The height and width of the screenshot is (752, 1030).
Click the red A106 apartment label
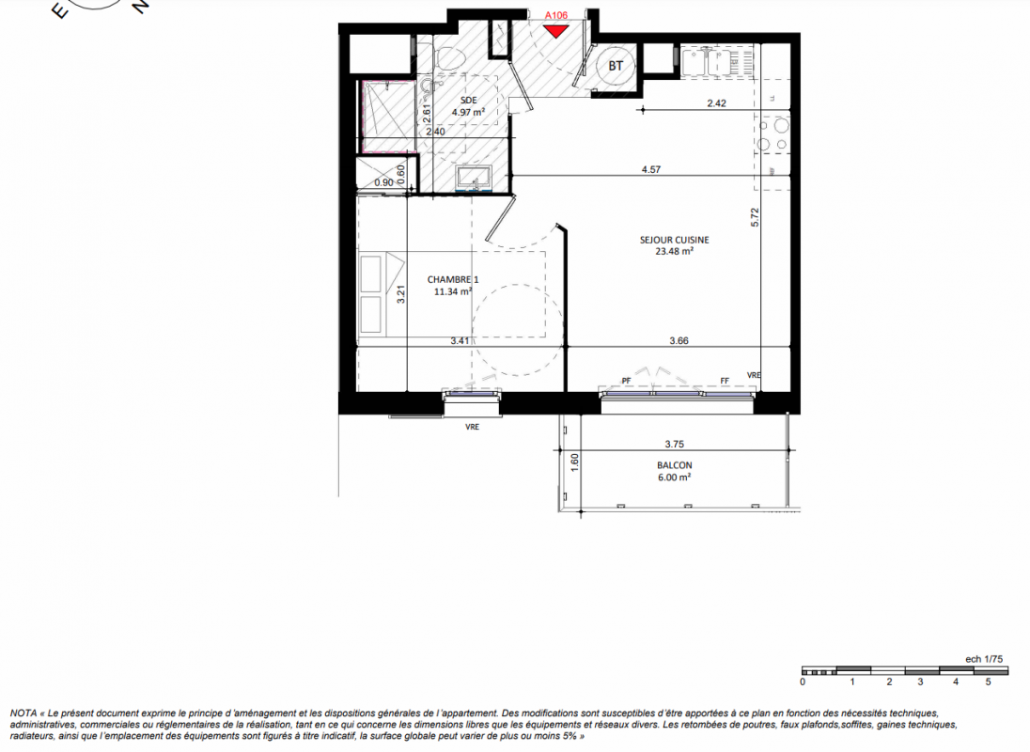click(555, 15)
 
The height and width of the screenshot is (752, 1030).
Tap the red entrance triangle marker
click(555, 30)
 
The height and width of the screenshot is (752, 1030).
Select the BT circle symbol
click(616, 66)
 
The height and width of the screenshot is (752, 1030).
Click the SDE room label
click(468, 101)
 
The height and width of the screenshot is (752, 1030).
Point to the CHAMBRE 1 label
click(453, 280)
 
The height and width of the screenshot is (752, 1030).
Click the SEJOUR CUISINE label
click(674, 240)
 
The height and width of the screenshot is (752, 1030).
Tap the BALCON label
click(675, 465)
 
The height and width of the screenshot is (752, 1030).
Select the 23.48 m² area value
click(674, 251)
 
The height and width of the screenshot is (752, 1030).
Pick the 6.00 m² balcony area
click(674, 477)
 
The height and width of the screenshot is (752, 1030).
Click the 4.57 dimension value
click(651, 169)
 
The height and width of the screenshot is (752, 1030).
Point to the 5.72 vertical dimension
click(755, 217)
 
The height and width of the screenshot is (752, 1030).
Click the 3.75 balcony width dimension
click(675, 444)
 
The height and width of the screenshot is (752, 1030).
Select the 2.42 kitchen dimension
click(717, 103)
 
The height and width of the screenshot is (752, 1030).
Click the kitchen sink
click(706, 62)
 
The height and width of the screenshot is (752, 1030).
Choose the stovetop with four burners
click(772, 134)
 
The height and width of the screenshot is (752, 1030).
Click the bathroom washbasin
click(474, 178)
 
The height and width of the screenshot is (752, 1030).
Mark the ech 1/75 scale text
click(984, 659)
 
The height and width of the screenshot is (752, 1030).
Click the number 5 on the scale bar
click(988, 681)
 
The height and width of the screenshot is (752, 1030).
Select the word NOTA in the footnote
click(23, 713)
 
